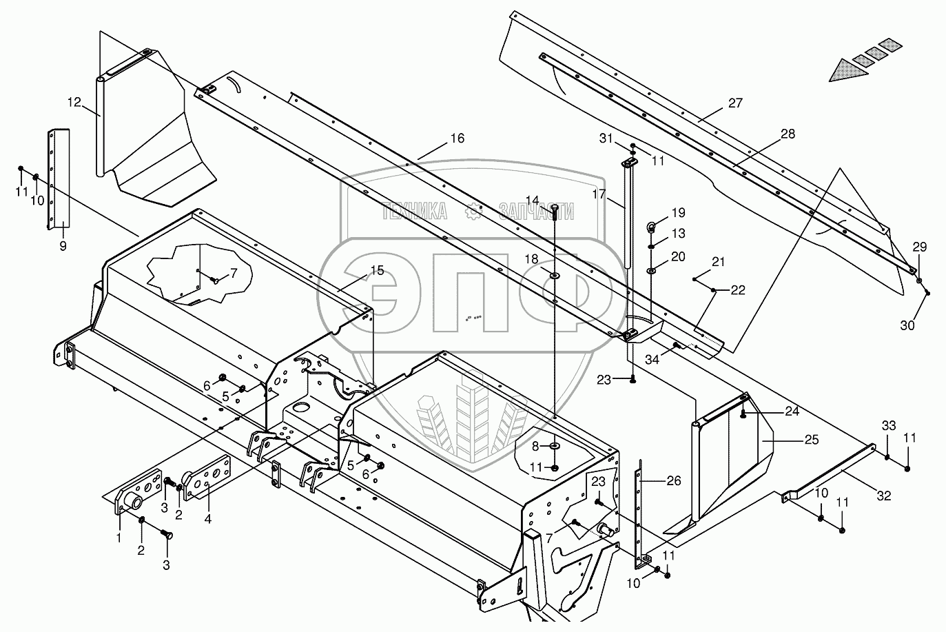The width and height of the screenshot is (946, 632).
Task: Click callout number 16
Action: click(457, 139)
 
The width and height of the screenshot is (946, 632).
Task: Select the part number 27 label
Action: click(735, 103)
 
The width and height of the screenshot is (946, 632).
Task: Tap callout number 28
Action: click(787, 134)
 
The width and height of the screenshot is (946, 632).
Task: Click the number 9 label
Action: click(63, 245)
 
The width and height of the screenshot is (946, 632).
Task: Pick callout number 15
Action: click(376, 270)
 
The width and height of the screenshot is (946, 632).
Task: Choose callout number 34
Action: click(652, 359)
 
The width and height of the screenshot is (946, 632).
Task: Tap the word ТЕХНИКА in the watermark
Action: click(415, 211)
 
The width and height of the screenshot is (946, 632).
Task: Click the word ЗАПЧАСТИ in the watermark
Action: click(536, 211)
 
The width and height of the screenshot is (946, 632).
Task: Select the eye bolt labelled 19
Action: click(651, 227)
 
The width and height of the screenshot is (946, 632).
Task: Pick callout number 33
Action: click(889, 426)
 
